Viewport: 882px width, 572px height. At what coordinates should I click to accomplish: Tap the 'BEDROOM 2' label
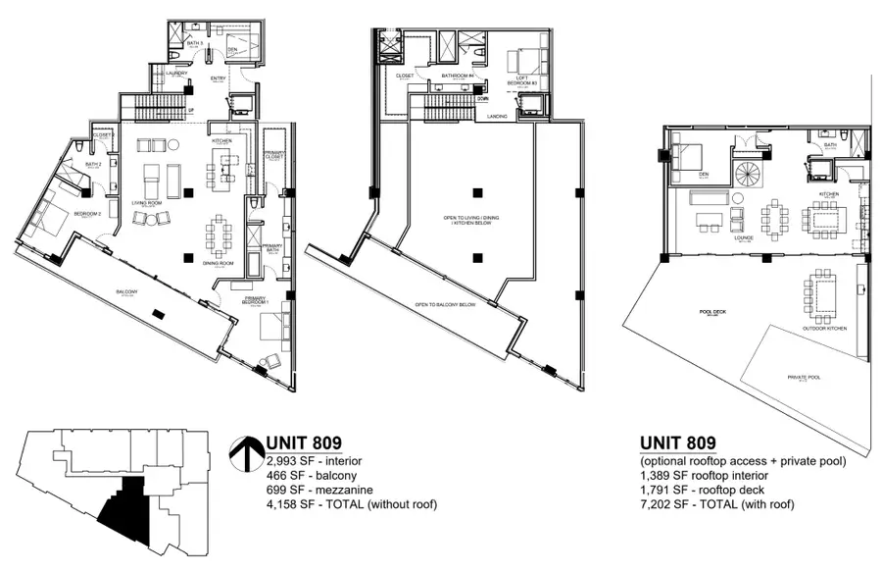87,213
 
